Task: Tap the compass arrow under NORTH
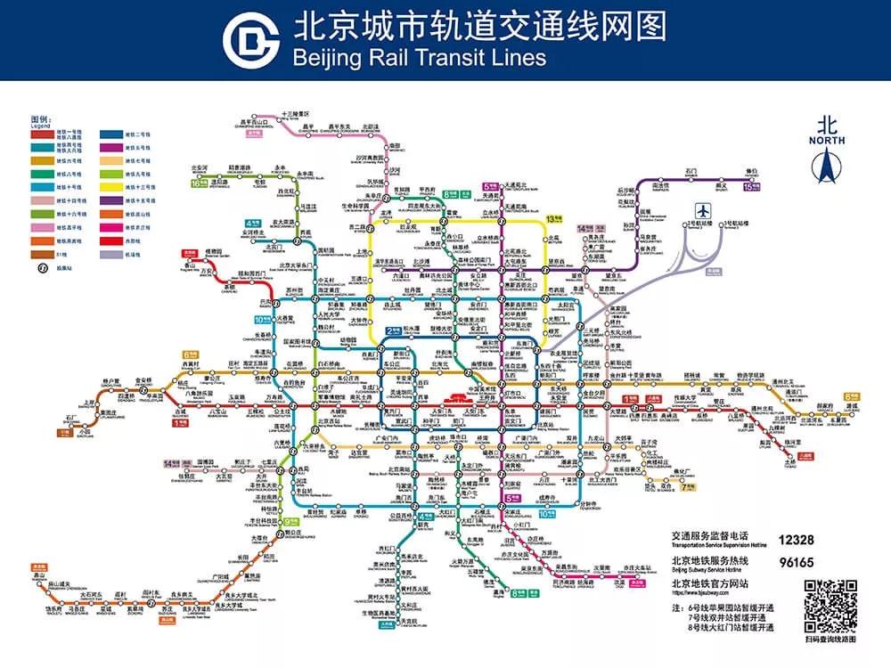click(826, 165)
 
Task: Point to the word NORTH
click(826, 141)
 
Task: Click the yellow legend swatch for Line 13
click(109, 188)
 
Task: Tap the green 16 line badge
click(198, 183)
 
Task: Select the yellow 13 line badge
click(554, 218)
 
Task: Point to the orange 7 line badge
click(687, 487)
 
